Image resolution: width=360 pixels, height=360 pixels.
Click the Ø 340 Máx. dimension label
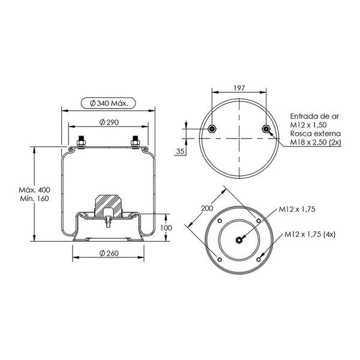coord(109,103)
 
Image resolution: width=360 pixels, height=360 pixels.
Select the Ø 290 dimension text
coord(109,122)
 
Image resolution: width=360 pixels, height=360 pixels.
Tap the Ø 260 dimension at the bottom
coord(109,253)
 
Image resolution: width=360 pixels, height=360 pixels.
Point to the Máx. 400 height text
coord(34,190)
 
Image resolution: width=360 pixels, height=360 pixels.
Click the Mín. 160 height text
coord(34,199)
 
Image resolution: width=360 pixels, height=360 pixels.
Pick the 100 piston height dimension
coord(166,228)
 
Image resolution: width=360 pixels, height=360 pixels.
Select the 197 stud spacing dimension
coord(239,88)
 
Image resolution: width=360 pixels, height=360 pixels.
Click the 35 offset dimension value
coord(180,152)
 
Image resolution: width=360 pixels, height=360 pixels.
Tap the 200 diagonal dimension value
coord(207,208)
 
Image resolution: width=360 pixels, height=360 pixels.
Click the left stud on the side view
coord(81,142)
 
